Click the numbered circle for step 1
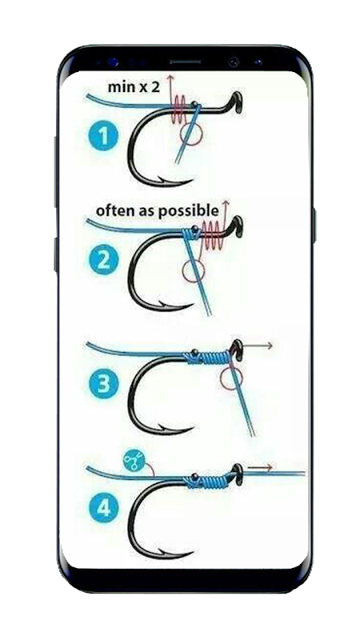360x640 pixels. pyautogui.click(x=103, y=136)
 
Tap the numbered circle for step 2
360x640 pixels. pyautogui.click(x=103, y=259)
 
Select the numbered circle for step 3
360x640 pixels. pyautogui.click(x=103, y=384)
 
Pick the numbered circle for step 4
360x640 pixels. pyautogui.click(x=103, y=508)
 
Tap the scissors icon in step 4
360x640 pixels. pyautogui.click(x=134, y=462)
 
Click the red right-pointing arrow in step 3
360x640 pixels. pyautogui.click(x=255, y=346)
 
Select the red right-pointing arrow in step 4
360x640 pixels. pyautogui.click(x=261, y=467)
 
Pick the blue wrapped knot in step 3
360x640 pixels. pyautogui.click(x=209, y=357)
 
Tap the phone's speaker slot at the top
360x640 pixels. pyautogui.click(x=186, y=62)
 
